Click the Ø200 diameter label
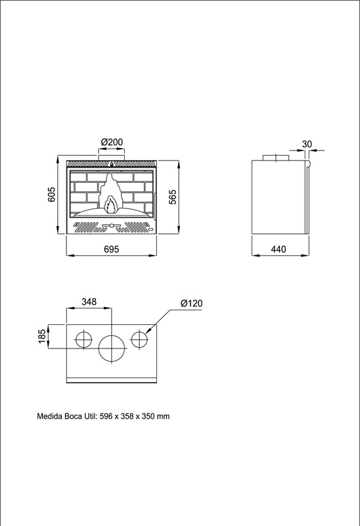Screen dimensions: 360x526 click(112, 142)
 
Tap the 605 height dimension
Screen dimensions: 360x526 click(51, 195)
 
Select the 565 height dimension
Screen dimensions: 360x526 click(172, 197)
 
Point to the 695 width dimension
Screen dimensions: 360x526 click(112, 249)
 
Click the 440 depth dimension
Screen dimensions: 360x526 click(279, 249)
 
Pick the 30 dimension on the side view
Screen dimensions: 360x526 click(307, 144)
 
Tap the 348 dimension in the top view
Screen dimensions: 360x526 click(89, 302)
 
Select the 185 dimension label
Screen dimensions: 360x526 click(41, 337)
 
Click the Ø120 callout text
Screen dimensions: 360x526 click(191, 303)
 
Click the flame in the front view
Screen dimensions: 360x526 click(110, 195)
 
